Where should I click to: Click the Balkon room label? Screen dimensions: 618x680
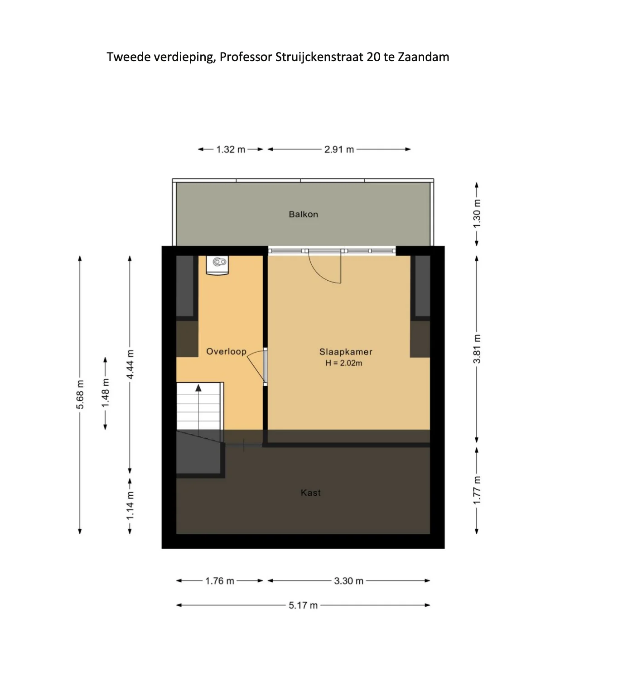coord(303,214)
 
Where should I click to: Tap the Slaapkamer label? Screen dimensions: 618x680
coord(346,352)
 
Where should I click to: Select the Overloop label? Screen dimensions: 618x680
coord(226,351)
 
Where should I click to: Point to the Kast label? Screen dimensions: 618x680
coord(310,493)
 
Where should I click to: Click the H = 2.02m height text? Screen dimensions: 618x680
coord(343,363)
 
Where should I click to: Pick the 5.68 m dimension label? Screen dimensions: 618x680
coord(80,395)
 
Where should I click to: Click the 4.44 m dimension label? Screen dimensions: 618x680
coord(130,364)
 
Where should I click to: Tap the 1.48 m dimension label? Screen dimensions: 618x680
coord(105,393)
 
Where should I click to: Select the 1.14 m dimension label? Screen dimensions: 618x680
coord(130,505)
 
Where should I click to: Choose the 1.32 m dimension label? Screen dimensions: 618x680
coord(231,149)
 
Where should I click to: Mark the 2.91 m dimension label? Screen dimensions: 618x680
coord(339,149)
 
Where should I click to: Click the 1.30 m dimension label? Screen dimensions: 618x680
coord(477,214)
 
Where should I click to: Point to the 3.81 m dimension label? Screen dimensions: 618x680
coord(477,349)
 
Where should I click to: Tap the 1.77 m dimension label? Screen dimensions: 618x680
coord(477,490)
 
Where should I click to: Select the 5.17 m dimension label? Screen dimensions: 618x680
coord(303,605)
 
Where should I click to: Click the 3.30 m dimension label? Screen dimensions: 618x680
coord(348,581)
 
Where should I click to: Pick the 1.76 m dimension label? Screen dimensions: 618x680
coord(220,581)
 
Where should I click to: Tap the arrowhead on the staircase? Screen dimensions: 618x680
coord(198,388)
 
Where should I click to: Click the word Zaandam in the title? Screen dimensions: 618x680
coord(423,57)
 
